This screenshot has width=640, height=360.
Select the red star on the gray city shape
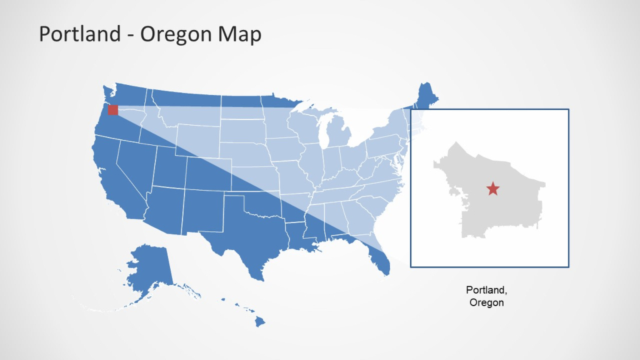[x=493, y=188]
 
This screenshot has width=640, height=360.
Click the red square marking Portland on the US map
[x=112, y=110]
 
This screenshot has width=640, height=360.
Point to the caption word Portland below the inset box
[x=487, y=290]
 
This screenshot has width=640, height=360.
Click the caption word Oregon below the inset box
[x=487, y=302]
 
